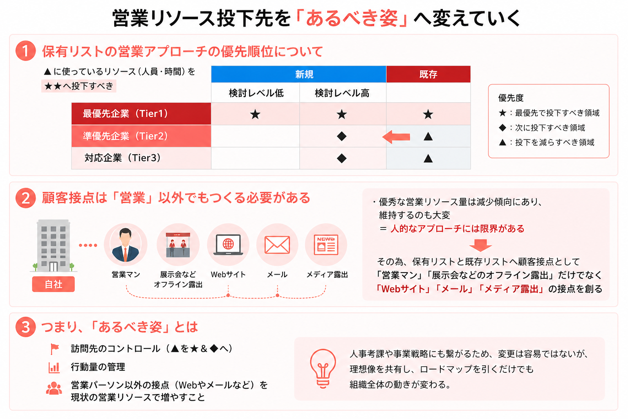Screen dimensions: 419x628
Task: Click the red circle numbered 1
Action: click(x=25, y=51)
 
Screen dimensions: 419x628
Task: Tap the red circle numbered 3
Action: click(x=25, y=327)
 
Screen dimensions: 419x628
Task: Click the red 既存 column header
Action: click(x=428, y=74)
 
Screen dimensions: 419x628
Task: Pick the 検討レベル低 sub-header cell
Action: click(x=256, y=93)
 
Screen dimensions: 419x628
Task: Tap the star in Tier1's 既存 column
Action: click(x=428, y=114)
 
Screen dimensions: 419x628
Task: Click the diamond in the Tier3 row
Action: click(x=342, y=158)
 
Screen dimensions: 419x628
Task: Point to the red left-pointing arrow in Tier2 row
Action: click(x=397, y=137)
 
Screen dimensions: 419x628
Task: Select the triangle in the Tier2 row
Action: click(x=428, y=136)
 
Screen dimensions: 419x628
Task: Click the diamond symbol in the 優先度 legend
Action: click(x=502, y=128)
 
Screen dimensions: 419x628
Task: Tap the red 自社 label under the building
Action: click(x=54, y=284)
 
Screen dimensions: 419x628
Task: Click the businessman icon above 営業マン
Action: click(x=126, y=245)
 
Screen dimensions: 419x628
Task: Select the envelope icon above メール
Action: click(x=277, y=245)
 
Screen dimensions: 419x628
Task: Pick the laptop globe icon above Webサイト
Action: click(x=228, y=245)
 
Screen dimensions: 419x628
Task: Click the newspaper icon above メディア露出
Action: click(x=326, y=245)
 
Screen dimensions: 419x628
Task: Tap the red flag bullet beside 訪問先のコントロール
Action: click(x=54, y=349)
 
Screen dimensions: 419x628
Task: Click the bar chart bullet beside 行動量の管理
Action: click(x=54, y=367)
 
